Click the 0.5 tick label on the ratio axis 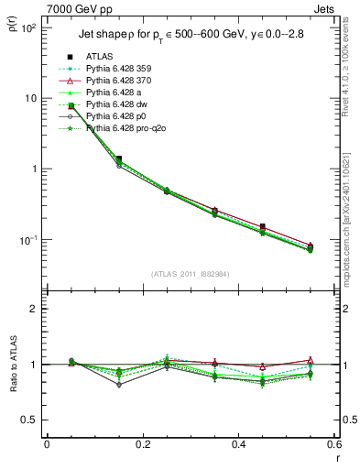32,420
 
